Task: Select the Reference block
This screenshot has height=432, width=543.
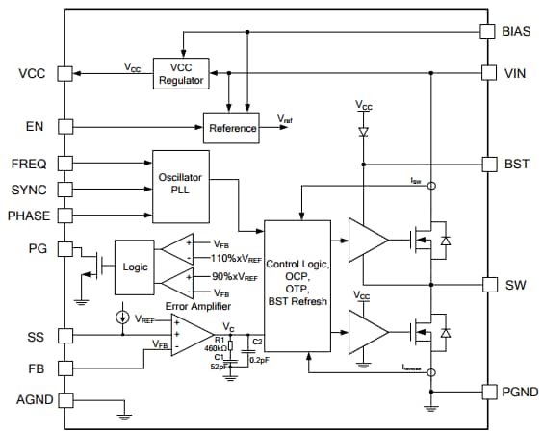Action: coord(232,127)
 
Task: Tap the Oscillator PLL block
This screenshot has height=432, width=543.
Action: coord(182,181)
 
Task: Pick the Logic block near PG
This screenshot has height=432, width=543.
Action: coord(134,267)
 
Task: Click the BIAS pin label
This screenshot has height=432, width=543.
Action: coord(515,31)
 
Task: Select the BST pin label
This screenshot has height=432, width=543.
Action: coord(514,164)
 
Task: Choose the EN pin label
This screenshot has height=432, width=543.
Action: coord(35,126)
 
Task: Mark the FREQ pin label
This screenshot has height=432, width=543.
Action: coord(29,163)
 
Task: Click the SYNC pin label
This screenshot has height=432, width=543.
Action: coord(29,189)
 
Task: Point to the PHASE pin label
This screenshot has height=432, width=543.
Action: coord(30,215)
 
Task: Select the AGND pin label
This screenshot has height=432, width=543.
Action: coord(33,399)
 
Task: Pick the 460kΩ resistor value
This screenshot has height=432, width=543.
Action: coord(216,348)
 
